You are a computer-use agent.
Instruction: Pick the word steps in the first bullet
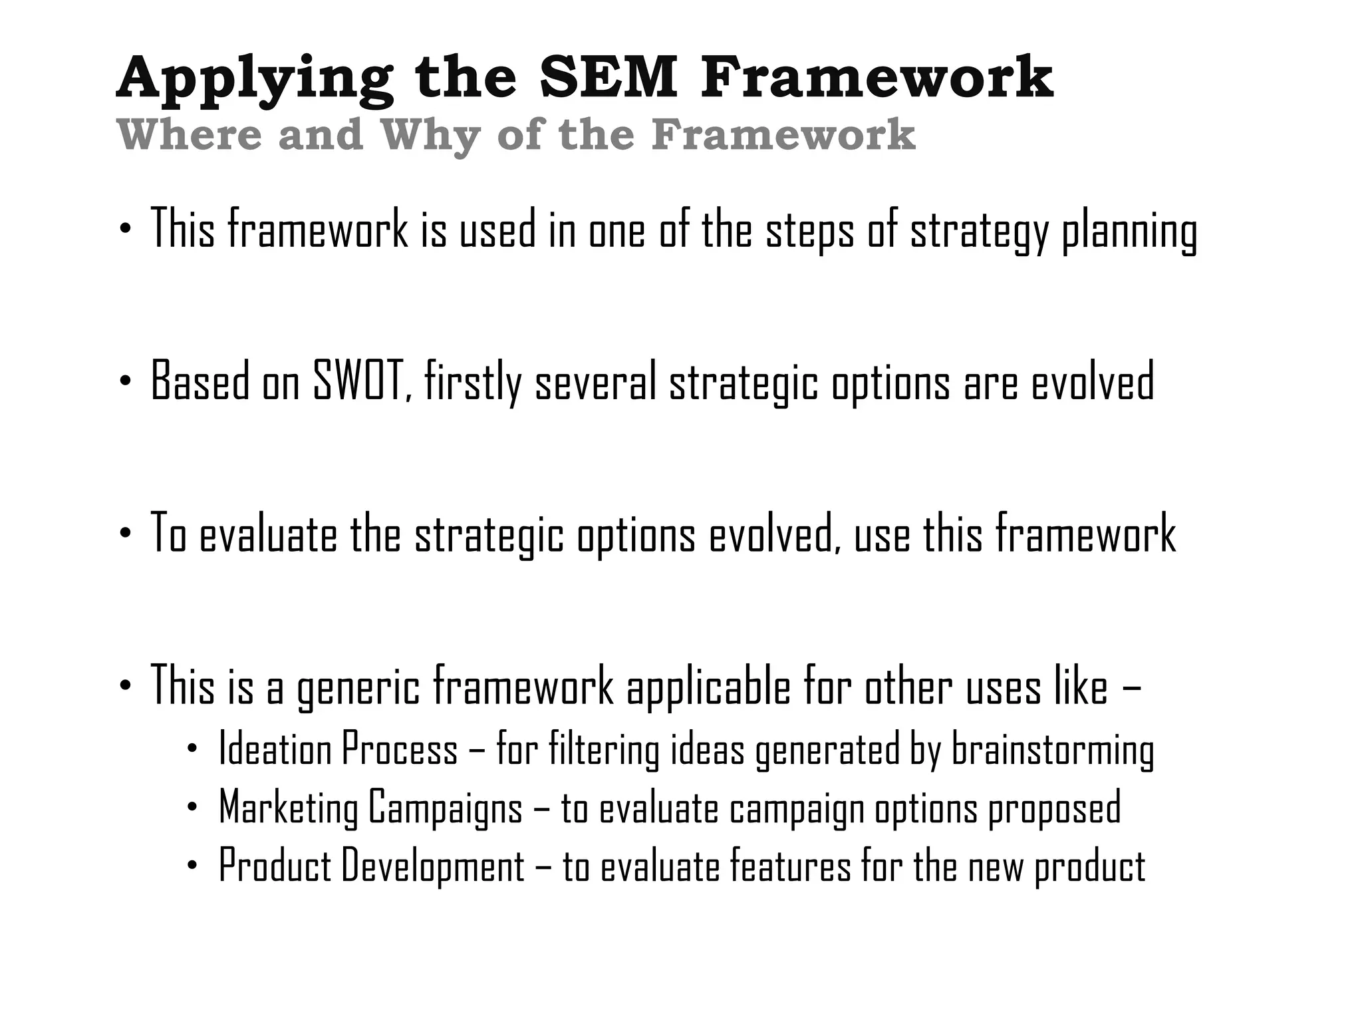point(809,231)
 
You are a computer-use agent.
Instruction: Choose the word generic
point(358,687)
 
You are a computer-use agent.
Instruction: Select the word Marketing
point(289,808)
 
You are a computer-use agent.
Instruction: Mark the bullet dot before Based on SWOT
point(125,381)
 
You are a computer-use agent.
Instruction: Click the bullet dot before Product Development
point(192,866)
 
